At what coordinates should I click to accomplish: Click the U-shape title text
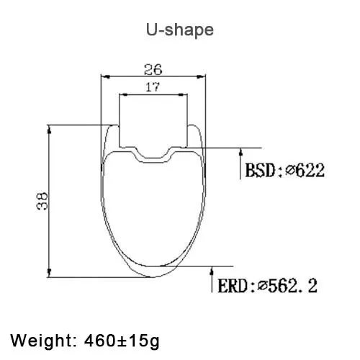pos(180,30)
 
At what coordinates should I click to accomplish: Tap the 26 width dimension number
pos(153,70)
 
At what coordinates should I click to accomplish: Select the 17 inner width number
pos(153,87)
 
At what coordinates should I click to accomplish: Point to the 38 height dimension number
pos(42,201)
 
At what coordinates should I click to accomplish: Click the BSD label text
pos(261,170)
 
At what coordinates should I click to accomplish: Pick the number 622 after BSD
pos(310,170)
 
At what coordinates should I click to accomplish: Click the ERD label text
pos(233,286)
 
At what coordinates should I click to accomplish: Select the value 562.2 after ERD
pos(293,285)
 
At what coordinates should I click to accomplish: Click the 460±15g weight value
pos(122,341)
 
